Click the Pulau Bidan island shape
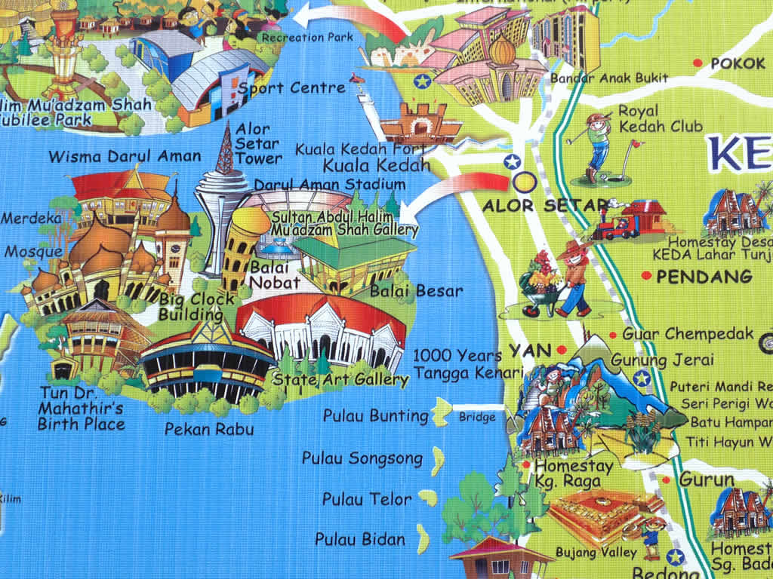pyautogui.click(x=423, y=538)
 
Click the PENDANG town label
pyautogui.click(x=704, y=277)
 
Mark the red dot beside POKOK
pyautogui.click(x=698, y=63)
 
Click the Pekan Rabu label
pyautogui.click(x=209, y=430)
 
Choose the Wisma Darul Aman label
pyautogui.click(x=125, y=157)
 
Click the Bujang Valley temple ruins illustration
pyautogui.click(x=596, y=513)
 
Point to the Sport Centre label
pyautogui.click(x=291, y=88)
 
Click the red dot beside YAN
pyautogui.click(x=562, y=349)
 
